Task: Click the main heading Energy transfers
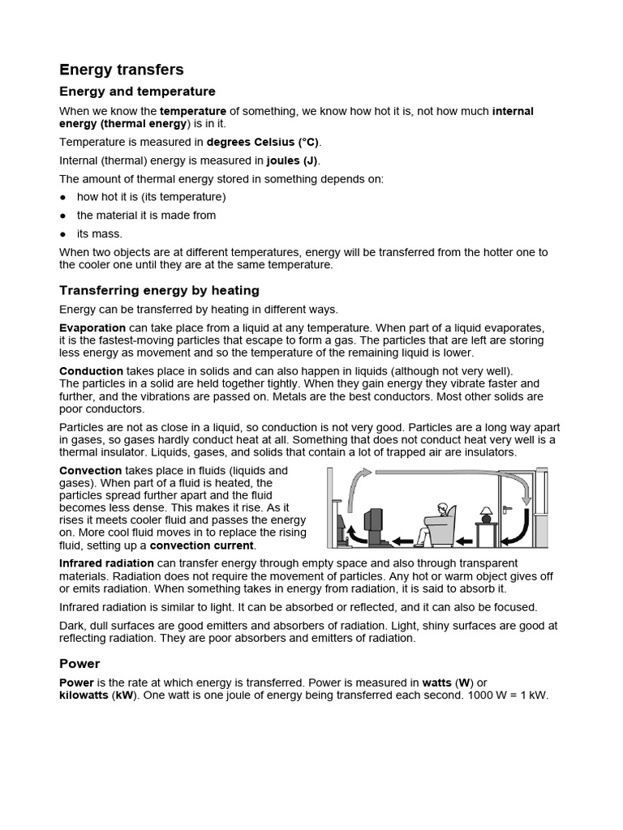122,70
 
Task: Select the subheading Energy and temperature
137,92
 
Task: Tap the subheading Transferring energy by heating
159,290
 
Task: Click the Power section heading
79,663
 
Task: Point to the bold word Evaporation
91,327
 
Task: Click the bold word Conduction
91,370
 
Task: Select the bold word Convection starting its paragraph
91,470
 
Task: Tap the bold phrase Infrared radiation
106,563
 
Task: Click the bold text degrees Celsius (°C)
274,141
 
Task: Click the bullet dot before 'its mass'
63,234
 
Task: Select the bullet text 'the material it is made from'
146,216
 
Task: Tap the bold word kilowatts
84,695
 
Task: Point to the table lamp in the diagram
486,514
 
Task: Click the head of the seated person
441,510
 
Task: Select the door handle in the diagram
506,509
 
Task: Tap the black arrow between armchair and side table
463,539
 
